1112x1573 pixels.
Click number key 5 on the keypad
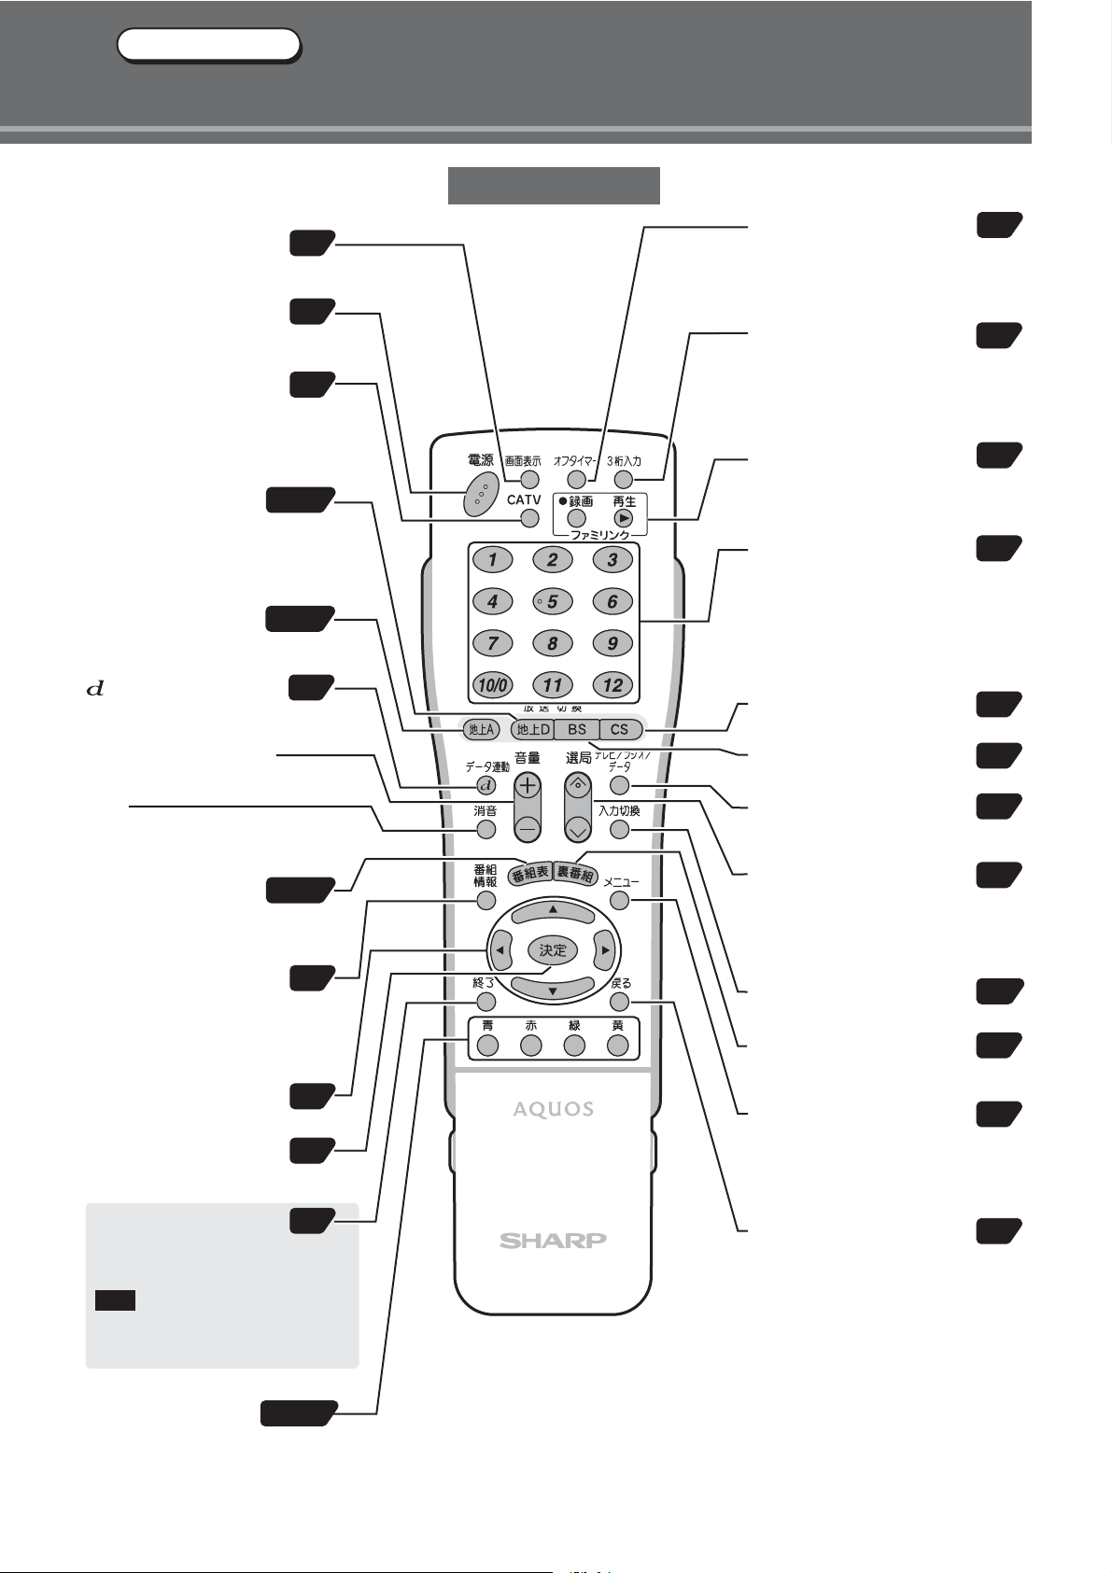tap(552, 601)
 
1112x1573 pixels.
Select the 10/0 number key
tap(492, 685)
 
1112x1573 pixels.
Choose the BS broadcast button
tap(577, 729)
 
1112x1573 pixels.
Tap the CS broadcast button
tap(620, 729)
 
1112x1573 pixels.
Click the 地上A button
tap(482, 729)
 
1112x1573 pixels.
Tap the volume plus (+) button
tap(528, 786)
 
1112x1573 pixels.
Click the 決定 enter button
tap(553, 950)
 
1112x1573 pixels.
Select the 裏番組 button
tap(574, 874)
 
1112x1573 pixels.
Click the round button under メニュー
tap(619, 901)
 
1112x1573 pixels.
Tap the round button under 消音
tap(486, 829)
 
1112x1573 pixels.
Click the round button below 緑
tap(574, 1046)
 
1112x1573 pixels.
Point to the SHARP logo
tap(553, 1240)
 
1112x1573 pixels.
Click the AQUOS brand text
tap(553, 1109)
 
